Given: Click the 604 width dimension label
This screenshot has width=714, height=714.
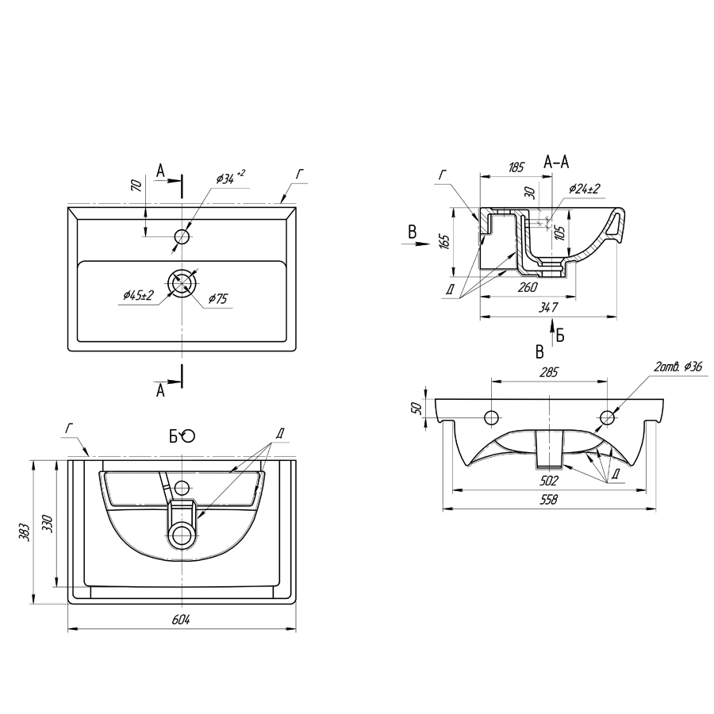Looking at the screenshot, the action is [x=181, y=620].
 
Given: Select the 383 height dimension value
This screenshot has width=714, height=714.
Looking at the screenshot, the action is [x=25, y=532].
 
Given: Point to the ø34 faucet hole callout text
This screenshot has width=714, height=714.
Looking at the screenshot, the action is [x=231, y=178].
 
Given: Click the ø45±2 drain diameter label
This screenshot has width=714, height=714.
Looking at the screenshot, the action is [x=138, y=296].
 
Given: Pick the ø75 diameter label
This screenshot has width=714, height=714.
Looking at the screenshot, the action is [x=218, y=298].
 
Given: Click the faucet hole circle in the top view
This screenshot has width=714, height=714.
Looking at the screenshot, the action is [x=182, y=236].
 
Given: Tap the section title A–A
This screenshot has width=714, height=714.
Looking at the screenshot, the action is [x=556, y=162].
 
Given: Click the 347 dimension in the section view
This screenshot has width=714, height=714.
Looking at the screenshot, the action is [x=548, y=308].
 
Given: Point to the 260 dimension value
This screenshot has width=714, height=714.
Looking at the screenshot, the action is [x=528, y=287].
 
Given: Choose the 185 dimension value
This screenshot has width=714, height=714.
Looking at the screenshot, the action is [x=516, y=167].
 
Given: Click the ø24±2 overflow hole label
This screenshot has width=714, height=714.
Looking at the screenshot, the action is [x=585, y=188].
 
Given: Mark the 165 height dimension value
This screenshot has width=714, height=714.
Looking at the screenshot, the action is [x=445, y=240].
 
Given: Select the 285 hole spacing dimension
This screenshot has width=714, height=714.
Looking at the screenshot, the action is [x=549, y=372].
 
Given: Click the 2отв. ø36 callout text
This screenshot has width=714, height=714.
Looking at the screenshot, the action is [x=678, y=366].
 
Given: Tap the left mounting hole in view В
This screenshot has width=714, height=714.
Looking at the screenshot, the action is [x=492, y=417].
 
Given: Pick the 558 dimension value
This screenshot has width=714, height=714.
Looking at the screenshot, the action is [x=549, y=500].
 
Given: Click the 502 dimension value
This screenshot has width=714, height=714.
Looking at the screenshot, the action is [x=548, y=480].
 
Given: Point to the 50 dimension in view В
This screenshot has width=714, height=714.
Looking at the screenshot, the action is [x=416, y=409].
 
